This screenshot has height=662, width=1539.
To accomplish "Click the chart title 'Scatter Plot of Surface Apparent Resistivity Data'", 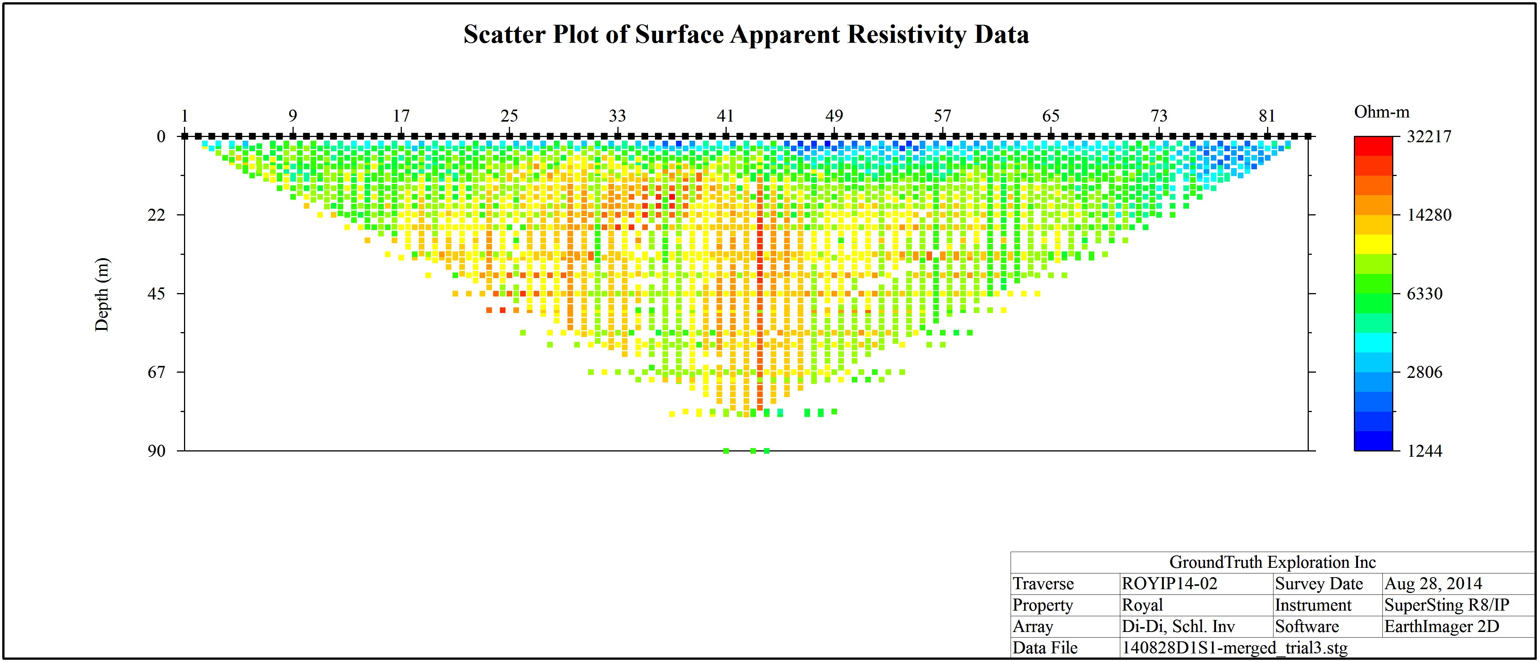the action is pyautogui.click(x=746, y=34).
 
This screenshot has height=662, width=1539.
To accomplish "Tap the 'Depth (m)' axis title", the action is pyautogui.click(x=102, y=294).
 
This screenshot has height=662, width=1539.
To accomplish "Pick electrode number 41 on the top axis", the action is pyautogui.click(x=725, y=116).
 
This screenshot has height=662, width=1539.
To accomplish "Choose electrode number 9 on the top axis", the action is pyautogui.click(x=293, y=116).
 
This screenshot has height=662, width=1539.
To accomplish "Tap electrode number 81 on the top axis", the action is pyautogui.click(x=1267, y=116).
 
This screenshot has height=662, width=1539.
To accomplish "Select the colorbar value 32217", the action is pyautogui.click(x=1429, y=137).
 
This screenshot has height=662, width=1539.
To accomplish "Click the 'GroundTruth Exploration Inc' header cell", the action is pyautogui.click(x=1272, y=562).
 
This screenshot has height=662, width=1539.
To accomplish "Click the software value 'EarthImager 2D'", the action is pyautogui.click(x=1442, y=627).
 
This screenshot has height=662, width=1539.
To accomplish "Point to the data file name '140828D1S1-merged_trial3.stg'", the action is pyautogui.click(x=1235, y=648).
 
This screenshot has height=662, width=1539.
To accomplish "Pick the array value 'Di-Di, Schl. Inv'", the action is pyautogui.click(x=1178, y=627).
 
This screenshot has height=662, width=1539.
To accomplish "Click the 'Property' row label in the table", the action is pyautogui.click(x=1043, y=605).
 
